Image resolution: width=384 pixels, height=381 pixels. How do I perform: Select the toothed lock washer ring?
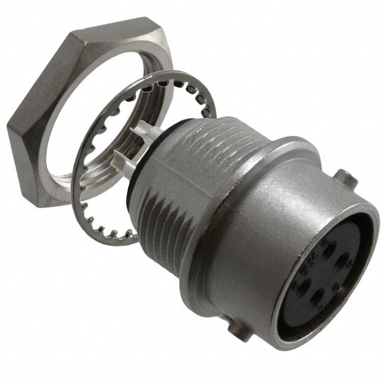[89, 196]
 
